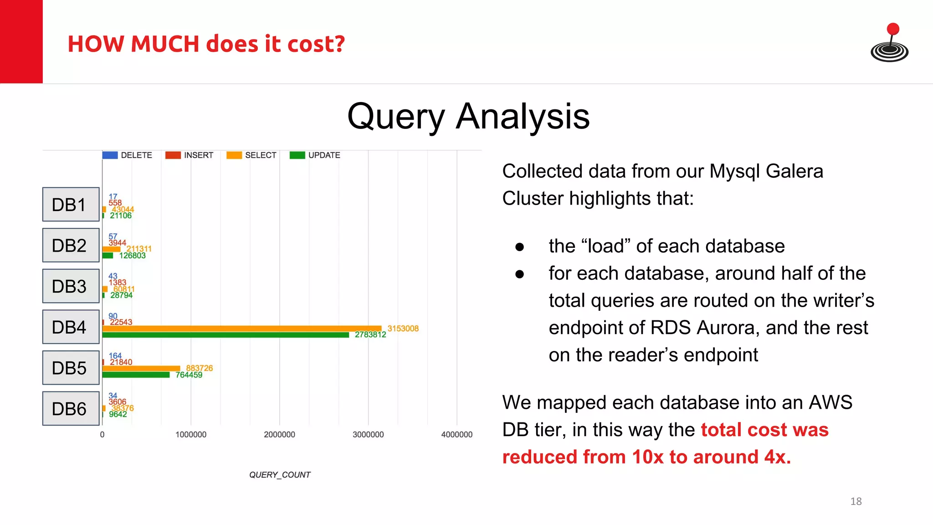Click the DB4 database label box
tap(71, 327)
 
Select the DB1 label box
tap(71, 205)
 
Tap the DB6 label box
tap(71, 408)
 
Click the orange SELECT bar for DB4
tap(241, 329)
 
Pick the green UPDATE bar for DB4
tap(226, 335)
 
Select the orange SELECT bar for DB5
tap(141, 368)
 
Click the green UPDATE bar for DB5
tap(136, 375)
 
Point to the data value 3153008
tap(403, 329)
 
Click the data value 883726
tap(199, 368)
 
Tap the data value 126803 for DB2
tap(132, 256)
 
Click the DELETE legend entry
tap(128, 155)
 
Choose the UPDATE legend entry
tap(315, 155)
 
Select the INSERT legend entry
tap(190, 155)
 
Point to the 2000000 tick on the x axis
tap(279, 435)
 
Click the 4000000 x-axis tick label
tap(456, 435)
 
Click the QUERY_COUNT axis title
tap(280, 475)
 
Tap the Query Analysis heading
tap(468, 117)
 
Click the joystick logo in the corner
tap(889, 43)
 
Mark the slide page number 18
tap(856, 502)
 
